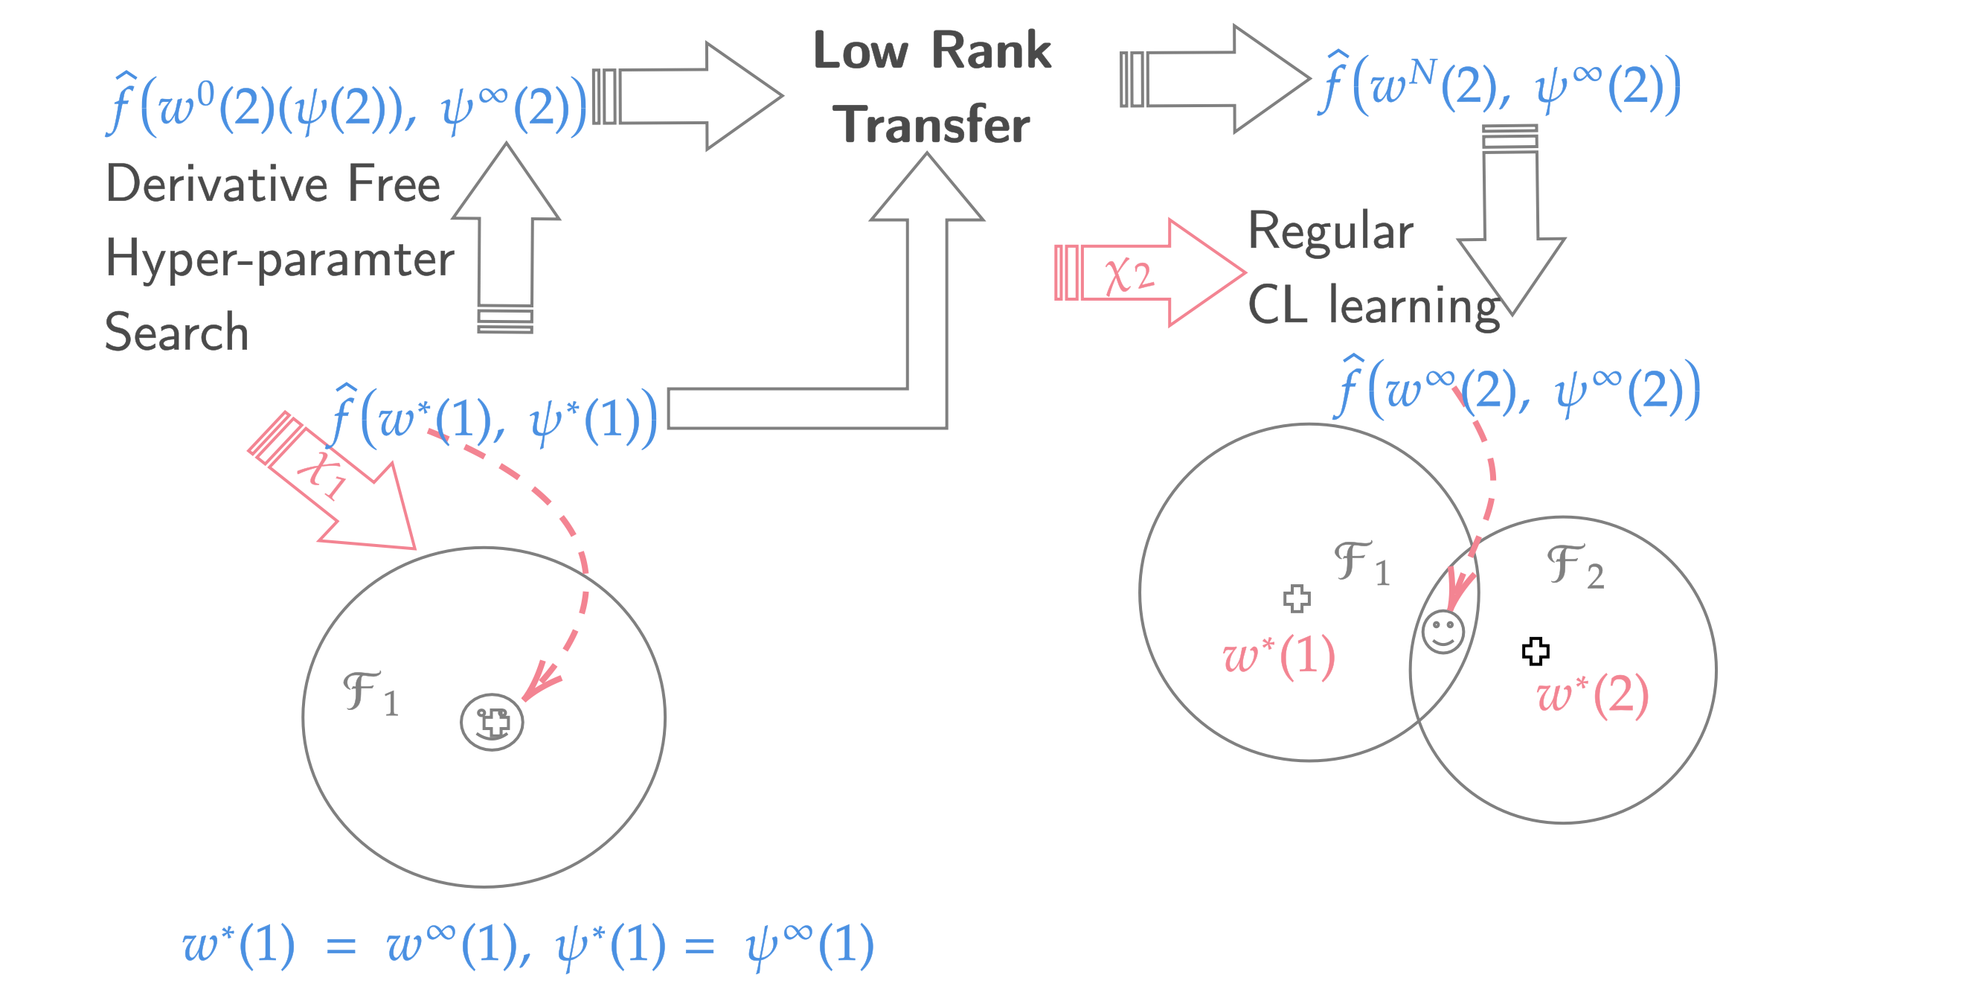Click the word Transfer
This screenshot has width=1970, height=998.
[931, 124]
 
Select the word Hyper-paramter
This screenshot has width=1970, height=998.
[279, 259]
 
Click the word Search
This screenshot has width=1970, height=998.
[176, 333]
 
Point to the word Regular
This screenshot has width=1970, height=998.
[1331, 231]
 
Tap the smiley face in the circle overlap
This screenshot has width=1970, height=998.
[1443, 632]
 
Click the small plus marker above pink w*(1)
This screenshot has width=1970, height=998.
[1296, 599]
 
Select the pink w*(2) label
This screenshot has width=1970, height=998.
[1592, 696]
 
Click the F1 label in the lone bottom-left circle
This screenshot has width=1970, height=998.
[370, 694]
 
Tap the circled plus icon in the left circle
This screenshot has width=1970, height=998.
[492, 722]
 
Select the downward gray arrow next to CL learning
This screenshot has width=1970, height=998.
[1511, 229]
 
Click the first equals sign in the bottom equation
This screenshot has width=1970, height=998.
[341, 947]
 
